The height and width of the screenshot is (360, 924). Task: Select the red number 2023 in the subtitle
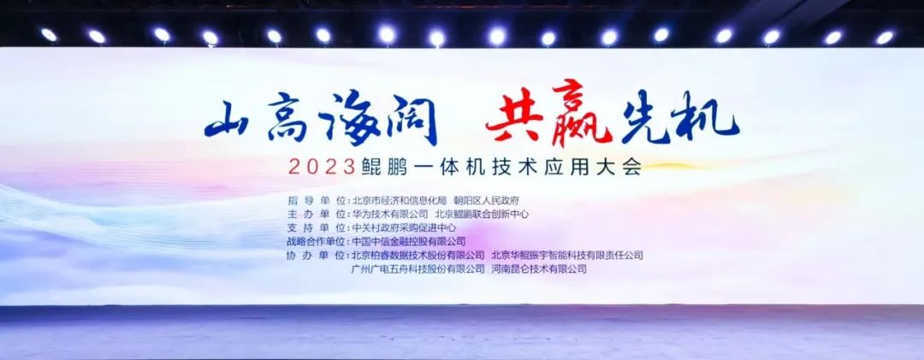click(x=322, y=168)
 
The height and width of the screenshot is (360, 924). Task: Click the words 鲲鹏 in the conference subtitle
click(x=378, y=168)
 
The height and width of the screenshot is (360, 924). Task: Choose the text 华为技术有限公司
click(x=389, y=214)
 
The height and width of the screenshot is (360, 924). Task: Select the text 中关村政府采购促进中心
click(x=404, y=227)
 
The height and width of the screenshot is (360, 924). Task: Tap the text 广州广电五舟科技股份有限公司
click(x=418, y=269)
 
